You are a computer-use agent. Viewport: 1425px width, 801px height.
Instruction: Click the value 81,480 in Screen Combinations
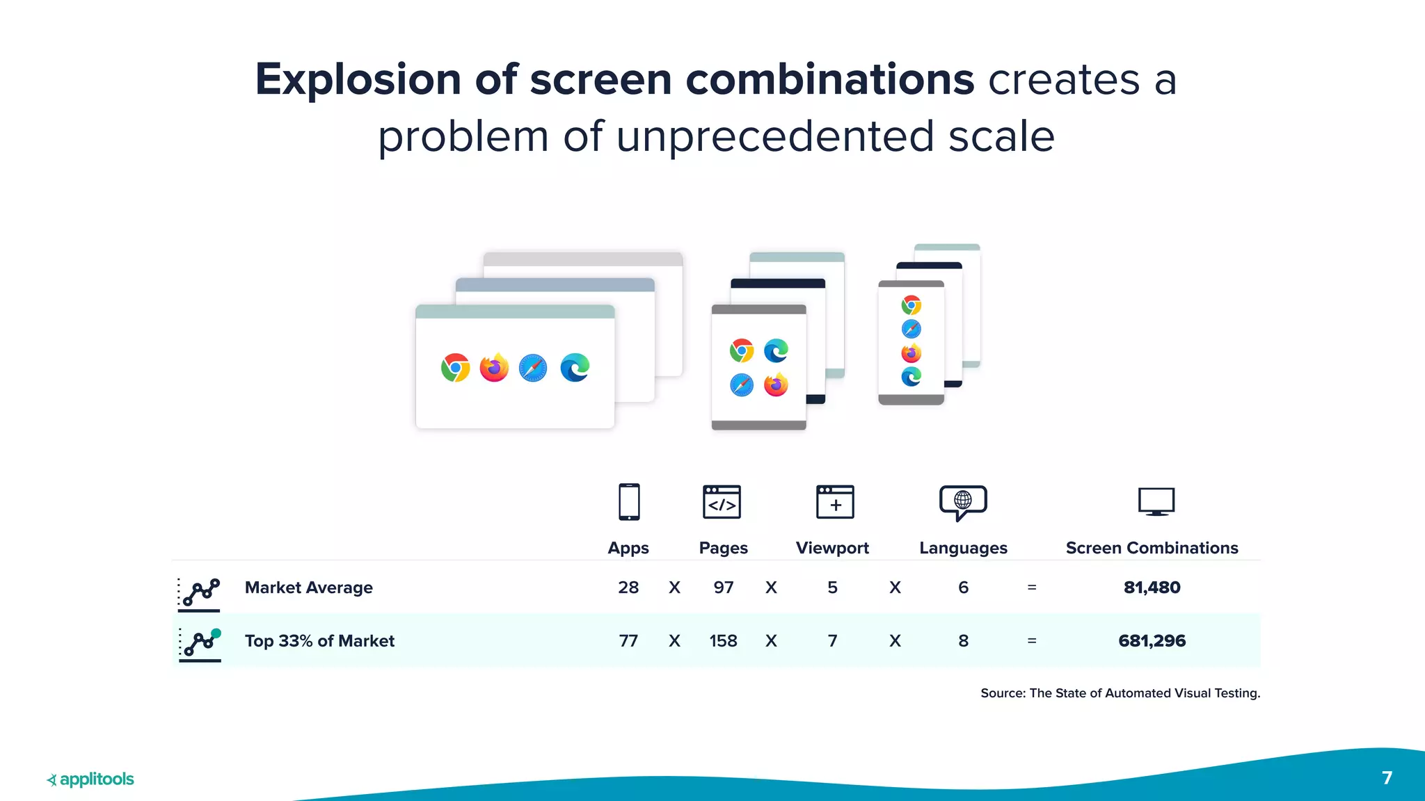coord(1152,588)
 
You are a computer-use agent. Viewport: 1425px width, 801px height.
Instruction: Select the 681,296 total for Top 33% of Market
coord(1152,640)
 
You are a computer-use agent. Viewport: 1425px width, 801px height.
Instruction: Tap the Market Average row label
coord(308,588)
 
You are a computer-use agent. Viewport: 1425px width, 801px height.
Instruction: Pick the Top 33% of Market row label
coord(319,640)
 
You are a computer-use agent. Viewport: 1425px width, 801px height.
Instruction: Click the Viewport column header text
coord(832,548)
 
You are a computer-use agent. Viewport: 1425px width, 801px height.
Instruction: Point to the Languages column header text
coord(963,548)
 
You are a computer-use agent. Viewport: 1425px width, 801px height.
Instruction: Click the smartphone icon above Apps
coord(629,502)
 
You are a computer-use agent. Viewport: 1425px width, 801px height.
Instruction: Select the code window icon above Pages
coord(722,502)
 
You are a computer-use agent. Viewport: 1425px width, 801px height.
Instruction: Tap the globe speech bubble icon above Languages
coord(963,502)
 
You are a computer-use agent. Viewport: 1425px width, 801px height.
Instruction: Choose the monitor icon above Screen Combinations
coord(1156,501)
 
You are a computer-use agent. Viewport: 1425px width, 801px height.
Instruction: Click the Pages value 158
coord(723,640)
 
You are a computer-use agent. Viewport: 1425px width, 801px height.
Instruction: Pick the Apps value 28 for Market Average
coord(628,588)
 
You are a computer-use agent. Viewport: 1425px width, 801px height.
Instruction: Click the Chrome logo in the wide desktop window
coord(455,368)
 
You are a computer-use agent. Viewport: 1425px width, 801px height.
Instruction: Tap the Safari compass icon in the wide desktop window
coord(533,368)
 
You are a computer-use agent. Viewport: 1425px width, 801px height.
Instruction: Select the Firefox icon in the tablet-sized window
coord(776,385)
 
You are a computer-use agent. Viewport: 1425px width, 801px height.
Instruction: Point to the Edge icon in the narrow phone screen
coord(911,377)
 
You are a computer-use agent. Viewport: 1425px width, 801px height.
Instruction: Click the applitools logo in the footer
coord(90,779)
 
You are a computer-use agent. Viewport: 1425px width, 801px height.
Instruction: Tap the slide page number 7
coord(1387,777)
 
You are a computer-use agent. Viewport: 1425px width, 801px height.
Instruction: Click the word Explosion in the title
coord(358,79)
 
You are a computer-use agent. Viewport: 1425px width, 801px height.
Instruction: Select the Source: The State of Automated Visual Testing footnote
coord(1120,693)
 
